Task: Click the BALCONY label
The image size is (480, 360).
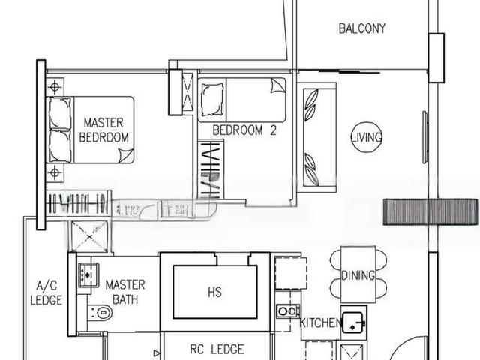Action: (x=362, y=29)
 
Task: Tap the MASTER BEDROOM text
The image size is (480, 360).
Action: (x=104, y=130)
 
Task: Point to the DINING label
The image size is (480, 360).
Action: (x=358, y=275)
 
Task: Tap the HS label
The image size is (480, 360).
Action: (x=215, y=292)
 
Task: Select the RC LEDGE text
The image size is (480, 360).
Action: (x=216, y=349)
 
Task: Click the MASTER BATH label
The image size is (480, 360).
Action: (x=124, y=292)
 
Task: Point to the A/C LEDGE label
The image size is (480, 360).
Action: (x=45, y=292)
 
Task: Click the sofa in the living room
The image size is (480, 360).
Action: (x=310, y=136)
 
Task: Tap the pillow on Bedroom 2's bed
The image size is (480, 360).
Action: (x=213, y=95)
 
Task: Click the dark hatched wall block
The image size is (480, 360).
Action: (x=430, y=212)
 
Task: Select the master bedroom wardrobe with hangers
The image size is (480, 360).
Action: (x=77, y=203)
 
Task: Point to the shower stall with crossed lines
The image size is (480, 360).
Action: (x=89, y=235)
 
